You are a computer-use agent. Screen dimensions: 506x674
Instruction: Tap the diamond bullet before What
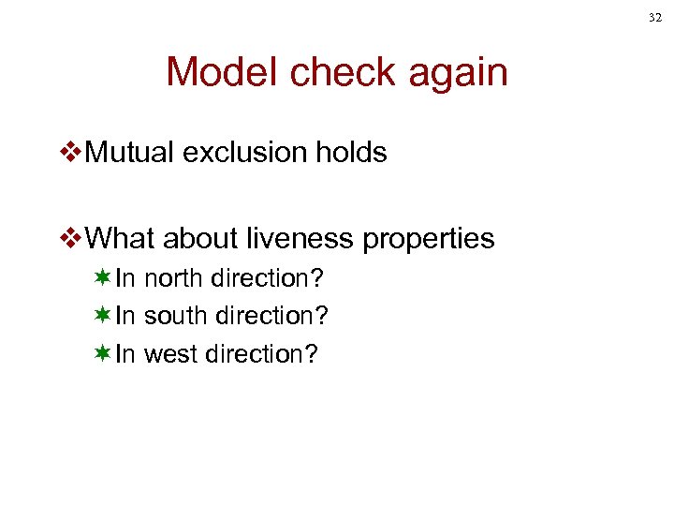pos(70,240)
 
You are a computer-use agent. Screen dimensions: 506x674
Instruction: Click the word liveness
pos(301,239)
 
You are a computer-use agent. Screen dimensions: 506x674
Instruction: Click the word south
pos(176,316)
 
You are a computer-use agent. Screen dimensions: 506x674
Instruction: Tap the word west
pos(171,354)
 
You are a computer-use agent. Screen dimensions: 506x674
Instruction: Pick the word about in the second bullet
pos(199,239)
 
